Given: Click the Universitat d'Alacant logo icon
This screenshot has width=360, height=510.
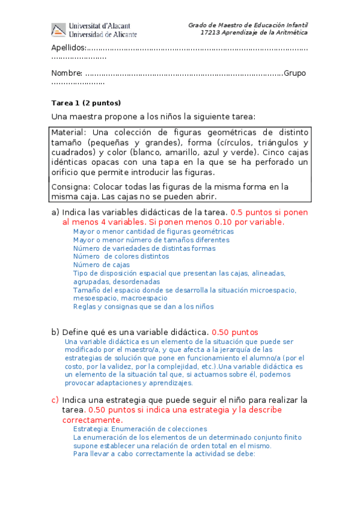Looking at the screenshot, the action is point(58,30).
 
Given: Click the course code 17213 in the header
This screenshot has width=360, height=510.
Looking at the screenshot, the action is point(211,32).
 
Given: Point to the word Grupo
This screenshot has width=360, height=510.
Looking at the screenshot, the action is point(294,73).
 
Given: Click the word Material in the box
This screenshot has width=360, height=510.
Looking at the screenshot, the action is point(69,132).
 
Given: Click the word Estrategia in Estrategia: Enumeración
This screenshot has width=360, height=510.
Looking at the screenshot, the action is point(90,429).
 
